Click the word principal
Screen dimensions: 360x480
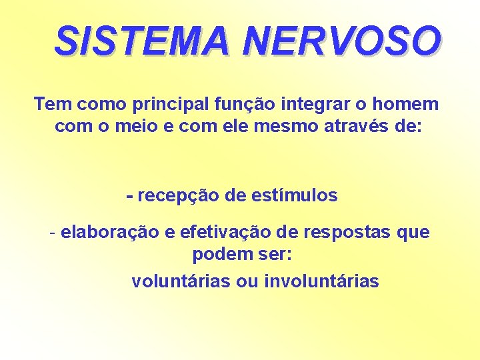163,105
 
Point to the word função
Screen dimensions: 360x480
241,105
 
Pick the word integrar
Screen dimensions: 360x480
312,105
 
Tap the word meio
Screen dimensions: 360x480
135,126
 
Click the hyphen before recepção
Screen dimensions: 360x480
130,197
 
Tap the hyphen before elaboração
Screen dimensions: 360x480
53,233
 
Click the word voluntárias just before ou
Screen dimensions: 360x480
181,281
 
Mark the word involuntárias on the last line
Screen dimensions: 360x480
321,281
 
